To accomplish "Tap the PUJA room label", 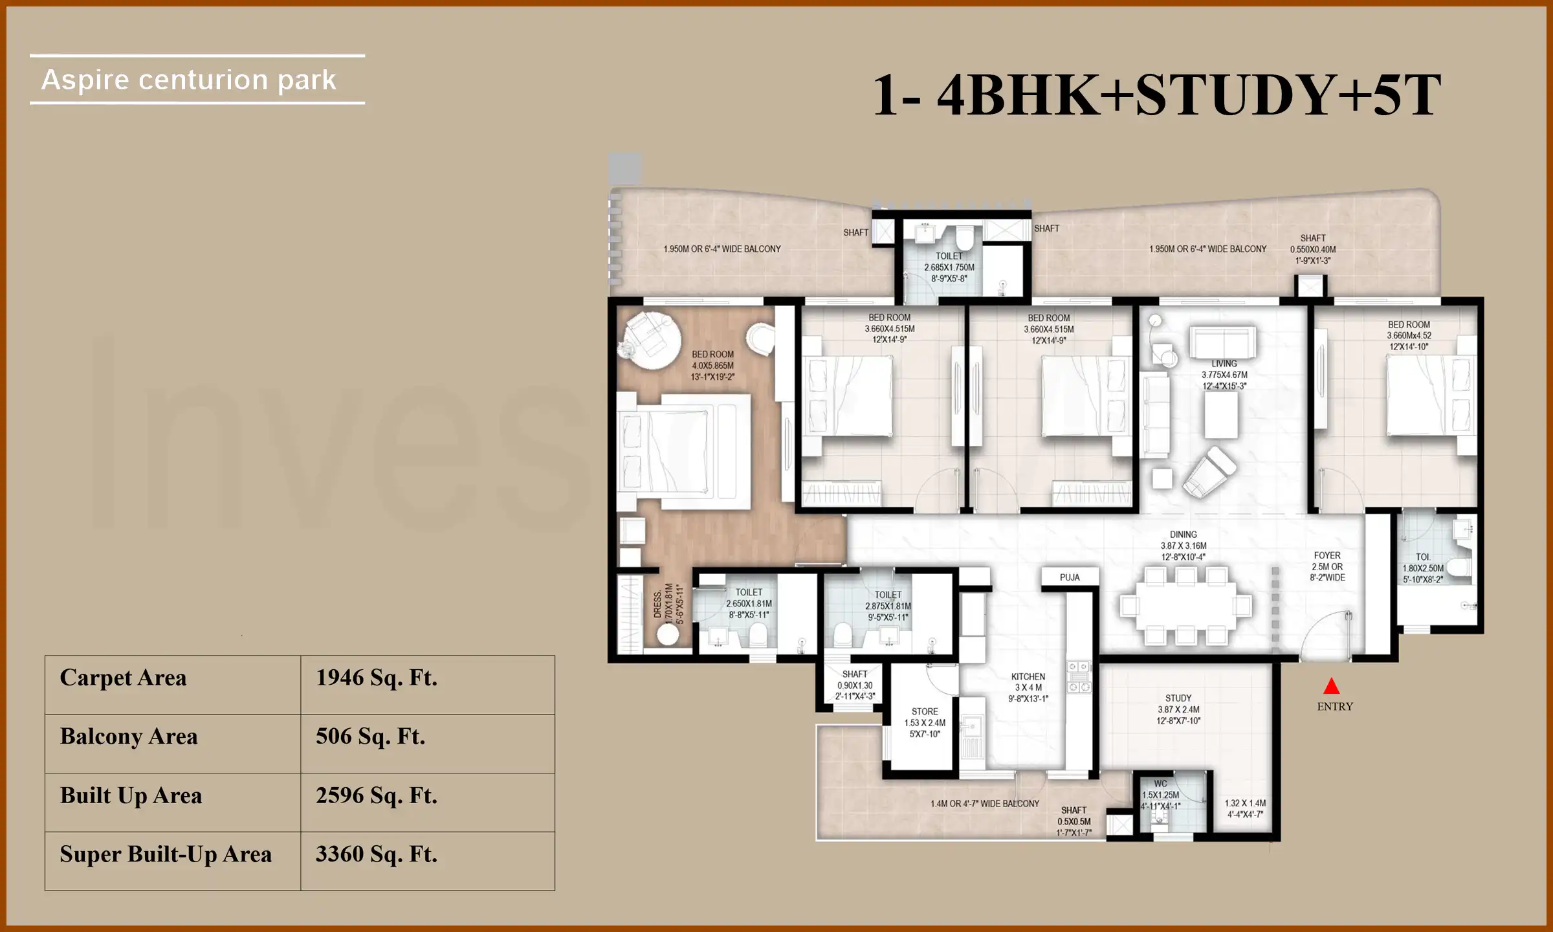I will click(x=1070, y=577).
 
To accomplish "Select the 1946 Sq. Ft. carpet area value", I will click(x=376, y=678).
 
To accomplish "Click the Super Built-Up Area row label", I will click(x=166, y=854).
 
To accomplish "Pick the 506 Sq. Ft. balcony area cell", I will click(x=370, y=737).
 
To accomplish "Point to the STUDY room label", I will click(x=1178, y=698).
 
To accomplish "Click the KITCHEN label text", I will click(x=1028, y=677).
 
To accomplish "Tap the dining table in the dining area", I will click(x=1185, y=606).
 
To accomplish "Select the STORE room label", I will click(x=925, y=711).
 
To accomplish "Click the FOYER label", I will click(x=1327, y=555).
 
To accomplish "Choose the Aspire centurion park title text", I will click(x=188, y=80).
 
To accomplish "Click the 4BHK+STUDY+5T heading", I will click(x=1157, y=95).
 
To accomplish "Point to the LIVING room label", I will click(x=1224, y=364).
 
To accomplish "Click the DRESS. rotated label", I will click(x=658, y=604).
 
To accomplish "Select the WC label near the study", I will click(x=1160, y=784).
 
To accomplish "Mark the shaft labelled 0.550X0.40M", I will click(x=1312, y=249).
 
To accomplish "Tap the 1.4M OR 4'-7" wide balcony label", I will click(x=985, y=804).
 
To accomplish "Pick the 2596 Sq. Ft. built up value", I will click(x=376, y=795).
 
